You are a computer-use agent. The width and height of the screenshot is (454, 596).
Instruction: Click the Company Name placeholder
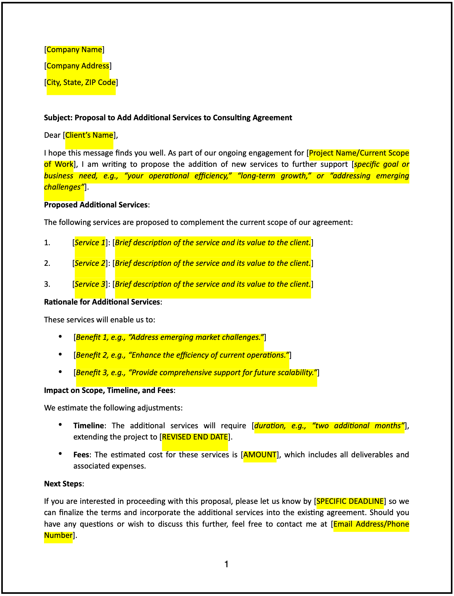point(74,50)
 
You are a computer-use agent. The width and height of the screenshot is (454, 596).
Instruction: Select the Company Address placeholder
point(78,66)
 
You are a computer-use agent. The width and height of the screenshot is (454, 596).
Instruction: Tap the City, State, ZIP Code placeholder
point(81,82)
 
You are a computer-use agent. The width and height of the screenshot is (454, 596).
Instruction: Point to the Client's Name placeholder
point(89,135)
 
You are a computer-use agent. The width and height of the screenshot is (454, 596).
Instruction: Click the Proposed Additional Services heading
point(96,205)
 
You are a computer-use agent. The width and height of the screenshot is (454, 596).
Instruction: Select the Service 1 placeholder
point(90,243)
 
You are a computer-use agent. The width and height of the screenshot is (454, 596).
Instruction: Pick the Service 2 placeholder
point(90,263)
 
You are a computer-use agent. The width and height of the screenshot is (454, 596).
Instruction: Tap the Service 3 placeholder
point(90,284)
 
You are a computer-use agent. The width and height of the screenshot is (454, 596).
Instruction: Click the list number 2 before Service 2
point(47,263)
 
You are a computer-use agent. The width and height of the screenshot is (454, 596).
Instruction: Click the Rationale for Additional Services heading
point(102,302)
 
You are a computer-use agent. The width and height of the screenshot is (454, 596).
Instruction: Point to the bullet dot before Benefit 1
point(61,337)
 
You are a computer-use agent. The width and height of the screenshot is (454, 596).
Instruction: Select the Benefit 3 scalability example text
point(196,373)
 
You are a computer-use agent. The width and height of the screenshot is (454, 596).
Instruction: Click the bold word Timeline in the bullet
point(88,426)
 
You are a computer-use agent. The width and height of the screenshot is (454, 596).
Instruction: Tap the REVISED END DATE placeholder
point(195,437)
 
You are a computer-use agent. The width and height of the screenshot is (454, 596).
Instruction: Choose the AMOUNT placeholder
point(260,455)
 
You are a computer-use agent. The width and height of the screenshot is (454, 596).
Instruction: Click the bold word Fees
point(81,455)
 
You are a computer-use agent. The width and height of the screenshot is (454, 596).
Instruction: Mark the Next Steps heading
point(63,484)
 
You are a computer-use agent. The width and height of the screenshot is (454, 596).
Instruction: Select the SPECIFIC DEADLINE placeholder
point(350,501)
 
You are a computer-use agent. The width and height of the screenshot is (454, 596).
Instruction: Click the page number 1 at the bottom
point(227,564)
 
